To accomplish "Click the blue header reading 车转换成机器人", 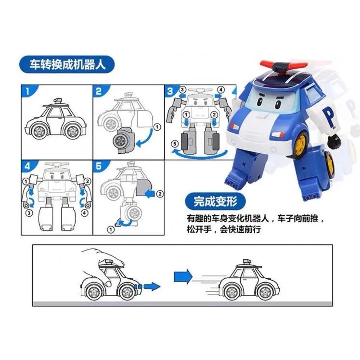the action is pyautogui.click(x=67, y=64).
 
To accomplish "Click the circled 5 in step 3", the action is pyautogui.click(x=175, y=144).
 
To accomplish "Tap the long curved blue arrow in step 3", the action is pyautogui.click(x=199, y=155).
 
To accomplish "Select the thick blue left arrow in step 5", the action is pyautogui.click(x=151, y=194).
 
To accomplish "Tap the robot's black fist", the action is pyautogui.click(x=334, y=141).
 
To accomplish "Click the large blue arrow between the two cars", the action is pyautogui.click(x=183, y=276).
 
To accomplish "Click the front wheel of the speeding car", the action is pyautogui.click(x=267, y=291).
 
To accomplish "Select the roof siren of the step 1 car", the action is pyautogui.click(x=58, y=101).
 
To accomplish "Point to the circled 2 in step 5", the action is pyautogui.click(x=160, y=194).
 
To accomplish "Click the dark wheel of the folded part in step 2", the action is pyautogui.click(x=120, y=141).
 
